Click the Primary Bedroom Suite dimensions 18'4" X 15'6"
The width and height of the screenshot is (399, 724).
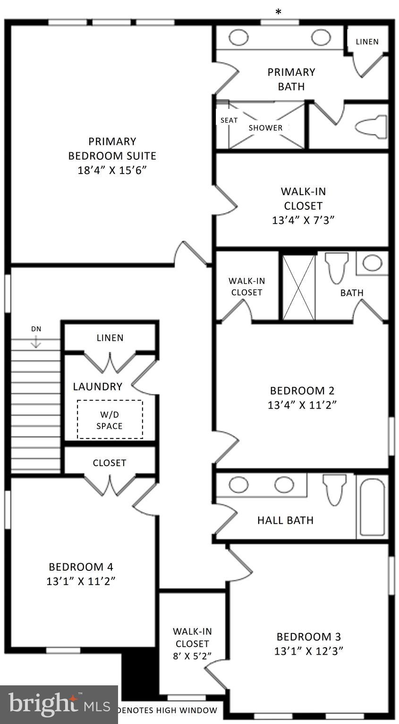pyautogui.click(x=112, y=170)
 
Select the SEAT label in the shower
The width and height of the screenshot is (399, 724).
pyautogui.click(x=229, y=120)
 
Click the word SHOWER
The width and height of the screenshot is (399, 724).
pyautogui.click(x=265, y=128)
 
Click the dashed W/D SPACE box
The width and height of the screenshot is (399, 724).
pyautogui.click(x=110, y=420)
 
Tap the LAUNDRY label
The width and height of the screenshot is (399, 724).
pyautogui.click(x=98, y=387)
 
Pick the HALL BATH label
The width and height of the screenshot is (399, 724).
pyautogui.click(x=285, y=520)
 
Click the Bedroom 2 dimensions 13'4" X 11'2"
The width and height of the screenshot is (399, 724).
pyautogui.click(x=302, y=405)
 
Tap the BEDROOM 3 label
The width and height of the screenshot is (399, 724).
pyautogui.click(x=308, y=637)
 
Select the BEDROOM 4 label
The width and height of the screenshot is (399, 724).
pyautogui.click(x=81, y=567)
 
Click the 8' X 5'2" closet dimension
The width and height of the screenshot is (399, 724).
pyautogui.click(x=192, y=656)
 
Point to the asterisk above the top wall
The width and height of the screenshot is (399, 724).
pyautogui.click(x=279, y=12)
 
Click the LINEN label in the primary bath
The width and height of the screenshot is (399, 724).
pyautogui.click(x=367, y=41)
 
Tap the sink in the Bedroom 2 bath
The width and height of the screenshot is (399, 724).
pyautogui.click(x=373, y=263)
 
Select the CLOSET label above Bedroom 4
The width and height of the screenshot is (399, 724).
pyautogui.click(x=110, y=463)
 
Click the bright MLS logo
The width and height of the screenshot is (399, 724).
pyautogui.click(x=59, y=704)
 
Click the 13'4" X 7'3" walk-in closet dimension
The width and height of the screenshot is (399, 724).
pyautogui.click(x=303, y=220)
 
